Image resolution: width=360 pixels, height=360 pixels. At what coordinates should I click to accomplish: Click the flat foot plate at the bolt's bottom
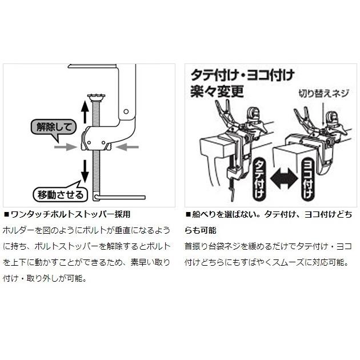point(119,198)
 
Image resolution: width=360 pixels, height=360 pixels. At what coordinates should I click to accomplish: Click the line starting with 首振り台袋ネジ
point(266,247)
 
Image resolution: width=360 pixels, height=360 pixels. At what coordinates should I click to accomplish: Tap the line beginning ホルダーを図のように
point(86,230)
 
